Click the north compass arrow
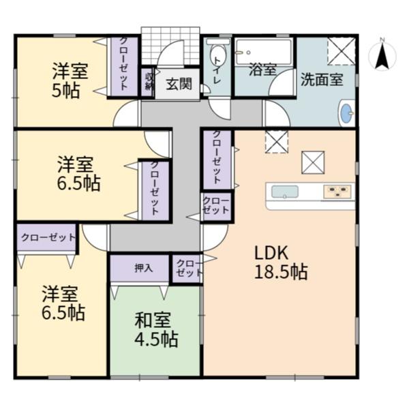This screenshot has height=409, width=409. [382, 56]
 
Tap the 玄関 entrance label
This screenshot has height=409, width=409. [179, 85]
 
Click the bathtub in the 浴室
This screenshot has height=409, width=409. [263, 52]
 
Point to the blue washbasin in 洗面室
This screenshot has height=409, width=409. [347, 113]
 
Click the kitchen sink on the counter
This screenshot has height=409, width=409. [285, 192]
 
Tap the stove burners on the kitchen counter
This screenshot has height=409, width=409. [337, 191]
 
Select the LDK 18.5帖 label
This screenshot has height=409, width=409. [281, 262]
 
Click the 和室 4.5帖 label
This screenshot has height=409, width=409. [156, 329]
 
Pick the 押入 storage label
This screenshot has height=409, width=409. [143, 268]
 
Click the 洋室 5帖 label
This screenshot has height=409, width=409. [70, 80]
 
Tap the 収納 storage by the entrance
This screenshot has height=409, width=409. [149, 82]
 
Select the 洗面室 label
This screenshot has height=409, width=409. [322, 79]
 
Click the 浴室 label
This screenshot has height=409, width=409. [262, 69]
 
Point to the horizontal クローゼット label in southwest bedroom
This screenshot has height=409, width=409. [48, 237]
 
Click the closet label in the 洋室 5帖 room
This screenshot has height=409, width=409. [123, 64]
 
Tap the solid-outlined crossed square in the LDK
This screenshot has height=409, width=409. [313, 162]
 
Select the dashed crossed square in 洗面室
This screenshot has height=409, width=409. [342, 51]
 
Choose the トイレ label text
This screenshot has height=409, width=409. [217, 70]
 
